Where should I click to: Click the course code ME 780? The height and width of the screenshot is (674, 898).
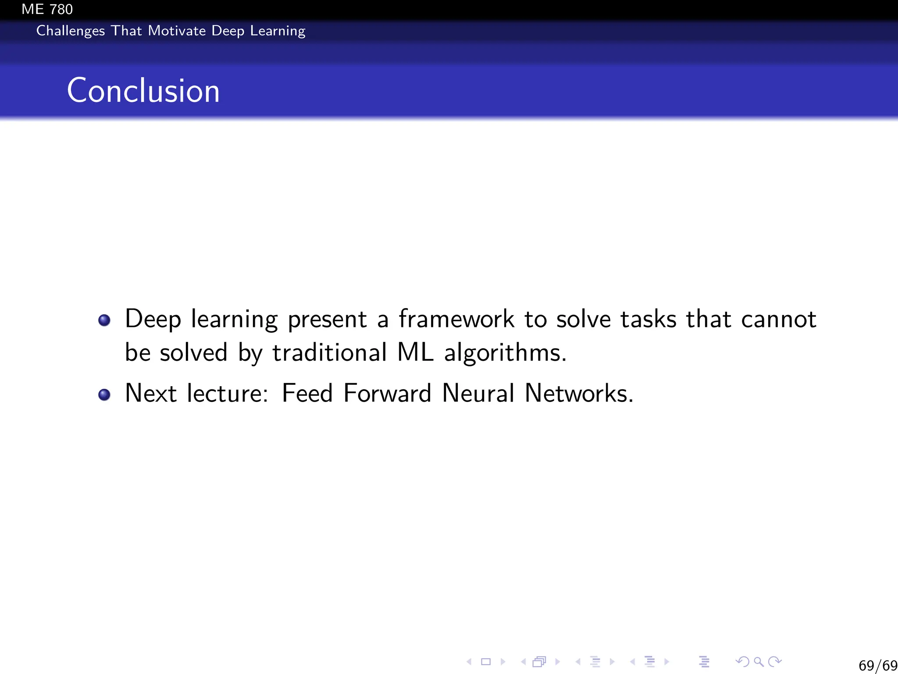coord(47,9)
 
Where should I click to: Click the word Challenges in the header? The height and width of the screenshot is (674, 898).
coord(70,31)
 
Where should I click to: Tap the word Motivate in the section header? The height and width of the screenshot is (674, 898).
coord(177,31)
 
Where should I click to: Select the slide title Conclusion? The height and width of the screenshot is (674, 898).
coord(143,90)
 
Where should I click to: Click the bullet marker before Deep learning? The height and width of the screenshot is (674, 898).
coord(104,320)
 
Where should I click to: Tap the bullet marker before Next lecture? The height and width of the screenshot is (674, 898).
coord(104,394)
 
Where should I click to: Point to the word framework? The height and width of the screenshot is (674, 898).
coord(456,319)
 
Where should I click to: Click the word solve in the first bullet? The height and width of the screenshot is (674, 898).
coord(583,319)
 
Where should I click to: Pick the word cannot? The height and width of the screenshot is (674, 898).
coord(778,319)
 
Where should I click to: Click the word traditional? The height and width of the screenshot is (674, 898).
coord(330,352)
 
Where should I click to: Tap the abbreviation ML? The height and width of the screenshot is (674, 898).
coord(415,352)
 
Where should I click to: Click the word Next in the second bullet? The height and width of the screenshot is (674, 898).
coord(151,393)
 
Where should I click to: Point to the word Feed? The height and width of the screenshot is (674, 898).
coord(307,393)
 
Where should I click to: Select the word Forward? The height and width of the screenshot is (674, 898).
coord(387,393)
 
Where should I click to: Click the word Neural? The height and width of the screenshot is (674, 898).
coord(478,393)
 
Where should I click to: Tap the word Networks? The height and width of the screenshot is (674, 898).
coord(579,393)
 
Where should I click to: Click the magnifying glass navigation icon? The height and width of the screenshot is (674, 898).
coord(759,662)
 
